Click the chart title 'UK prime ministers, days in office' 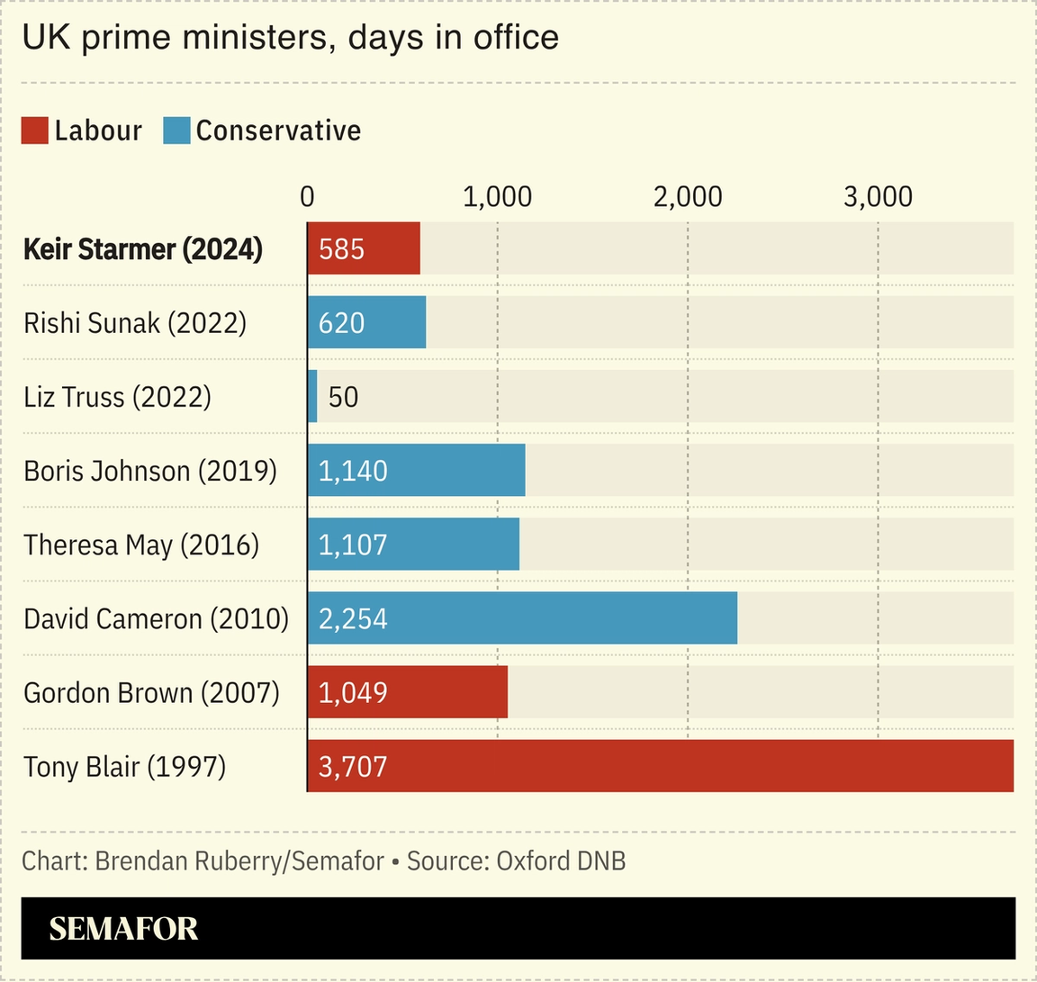click(290, 38)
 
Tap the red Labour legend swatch click(34, 131)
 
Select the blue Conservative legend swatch click(176, 131)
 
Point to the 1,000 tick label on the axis click(497, 197)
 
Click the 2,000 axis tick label click(688, 197)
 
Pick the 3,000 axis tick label click(878, 197)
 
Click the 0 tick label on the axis click(307, 197)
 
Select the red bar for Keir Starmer click(364, 248)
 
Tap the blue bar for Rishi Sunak click(366, 322)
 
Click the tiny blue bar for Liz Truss click(312, 396)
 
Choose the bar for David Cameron click(522, 618)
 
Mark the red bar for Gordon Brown click(408, 692)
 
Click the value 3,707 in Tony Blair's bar click(353, 767)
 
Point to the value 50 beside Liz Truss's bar click(343, 397)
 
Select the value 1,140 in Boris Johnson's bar click(353, 471)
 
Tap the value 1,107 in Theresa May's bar click(353, 545)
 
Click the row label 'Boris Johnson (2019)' click(150, 471)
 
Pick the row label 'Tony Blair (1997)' click(124, 767)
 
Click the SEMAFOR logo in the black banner click(123, 929)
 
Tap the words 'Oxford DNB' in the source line click(561, 861)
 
